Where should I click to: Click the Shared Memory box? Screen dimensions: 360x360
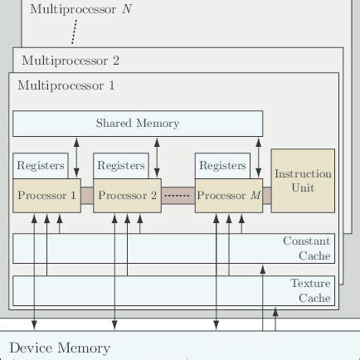(138, 123)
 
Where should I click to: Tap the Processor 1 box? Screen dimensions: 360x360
(46, 196)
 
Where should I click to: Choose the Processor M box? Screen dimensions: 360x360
(228, 196)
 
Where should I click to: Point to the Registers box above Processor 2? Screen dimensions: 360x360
(120, 166)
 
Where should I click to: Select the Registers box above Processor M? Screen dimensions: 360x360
(221, 166)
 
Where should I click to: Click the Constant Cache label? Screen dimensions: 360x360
(307, 248)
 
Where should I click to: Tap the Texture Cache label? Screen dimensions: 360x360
(310, 290)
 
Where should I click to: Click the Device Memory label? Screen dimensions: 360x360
(59, 347)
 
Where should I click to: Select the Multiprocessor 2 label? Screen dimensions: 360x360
(71, 61)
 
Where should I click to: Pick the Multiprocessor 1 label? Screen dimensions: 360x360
(67, 85)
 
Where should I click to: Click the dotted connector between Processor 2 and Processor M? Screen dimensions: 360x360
(178, 196)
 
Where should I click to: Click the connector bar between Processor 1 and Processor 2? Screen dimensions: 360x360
(87, 197)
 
